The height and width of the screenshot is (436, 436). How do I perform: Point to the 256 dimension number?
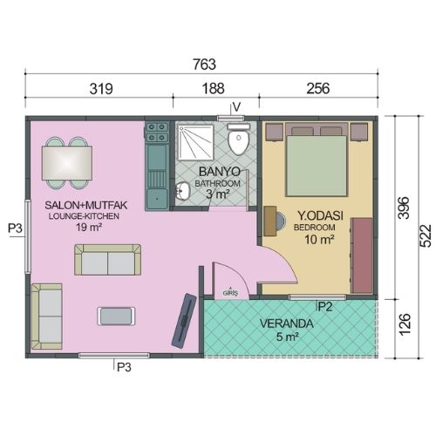coord(318,88)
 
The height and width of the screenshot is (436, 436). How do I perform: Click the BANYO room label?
coord(215,171)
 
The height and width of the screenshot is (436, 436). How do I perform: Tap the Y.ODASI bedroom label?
coord(318,215)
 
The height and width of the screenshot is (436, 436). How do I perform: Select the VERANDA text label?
coord(286,322)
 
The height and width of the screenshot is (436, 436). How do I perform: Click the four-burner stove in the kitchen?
coord(158,133)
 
